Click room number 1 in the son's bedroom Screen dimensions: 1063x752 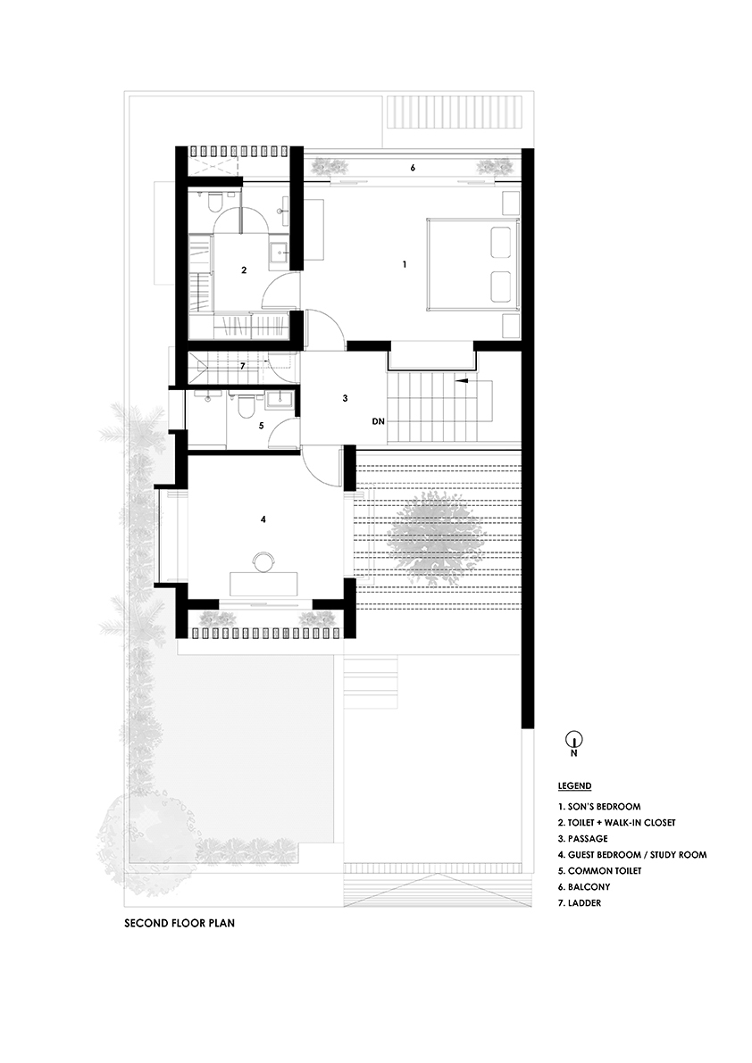405,264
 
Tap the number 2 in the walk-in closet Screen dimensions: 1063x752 243,268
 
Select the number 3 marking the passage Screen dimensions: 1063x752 344,399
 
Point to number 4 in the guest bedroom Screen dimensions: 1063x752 263,519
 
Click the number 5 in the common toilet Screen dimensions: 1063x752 261,426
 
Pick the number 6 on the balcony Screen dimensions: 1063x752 412,167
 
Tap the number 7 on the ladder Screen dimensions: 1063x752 241,366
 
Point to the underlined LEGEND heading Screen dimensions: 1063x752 574,786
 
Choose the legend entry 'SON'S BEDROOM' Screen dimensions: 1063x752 598,807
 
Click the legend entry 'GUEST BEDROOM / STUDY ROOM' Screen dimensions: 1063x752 631,855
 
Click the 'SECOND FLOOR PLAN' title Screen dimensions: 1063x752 180,924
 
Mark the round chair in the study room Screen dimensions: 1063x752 263,561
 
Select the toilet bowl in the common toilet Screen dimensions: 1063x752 243,408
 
